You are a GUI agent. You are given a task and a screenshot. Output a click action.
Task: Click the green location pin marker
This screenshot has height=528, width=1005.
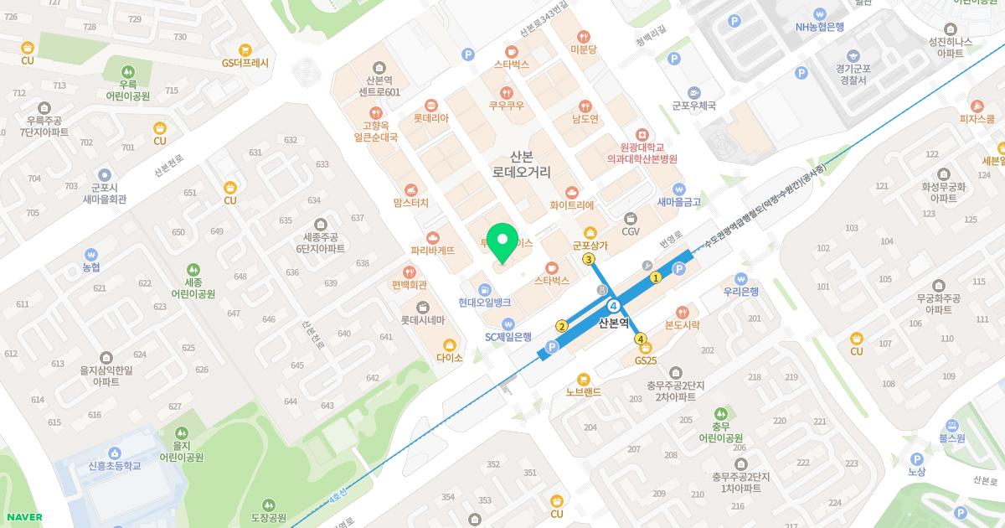502,243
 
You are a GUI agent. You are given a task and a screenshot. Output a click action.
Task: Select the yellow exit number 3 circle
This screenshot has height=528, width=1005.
589,260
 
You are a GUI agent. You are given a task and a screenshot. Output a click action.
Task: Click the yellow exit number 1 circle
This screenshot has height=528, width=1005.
656,277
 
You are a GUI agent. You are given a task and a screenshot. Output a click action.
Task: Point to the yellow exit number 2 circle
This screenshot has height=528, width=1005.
562,326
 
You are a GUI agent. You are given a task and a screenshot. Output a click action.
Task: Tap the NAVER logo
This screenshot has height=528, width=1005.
23,517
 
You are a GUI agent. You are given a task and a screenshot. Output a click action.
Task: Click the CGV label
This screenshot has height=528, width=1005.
630,231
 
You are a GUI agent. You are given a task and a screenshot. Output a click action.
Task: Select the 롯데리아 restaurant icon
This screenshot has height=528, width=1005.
430,106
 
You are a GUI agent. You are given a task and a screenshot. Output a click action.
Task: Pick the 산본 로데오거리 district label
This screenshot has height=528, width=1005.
521,164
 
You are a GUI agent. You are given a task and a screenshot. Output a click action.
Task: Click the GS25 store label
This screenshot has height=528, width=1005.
646,361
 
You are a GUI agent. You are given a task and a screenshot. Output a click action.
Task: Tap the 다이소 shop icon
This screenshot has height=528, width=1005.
450,344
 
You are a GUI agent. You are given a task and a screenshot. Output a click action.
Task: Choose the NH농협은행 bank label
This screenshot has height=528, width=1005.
820,26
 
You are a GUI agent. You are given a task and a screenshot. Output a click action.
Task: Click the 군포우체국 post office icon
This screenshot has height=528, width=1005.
694,92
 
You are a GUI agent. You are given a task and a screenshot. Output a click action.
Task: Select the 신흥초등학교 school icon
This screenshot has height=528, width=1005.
114,452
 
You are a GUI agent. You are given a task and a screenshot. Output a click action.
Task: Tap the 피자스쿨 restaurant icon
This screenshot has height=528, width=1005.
977,106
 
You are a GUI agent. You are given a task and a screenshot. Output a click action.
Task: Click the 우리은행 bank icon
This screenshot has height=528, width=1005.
740,278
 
